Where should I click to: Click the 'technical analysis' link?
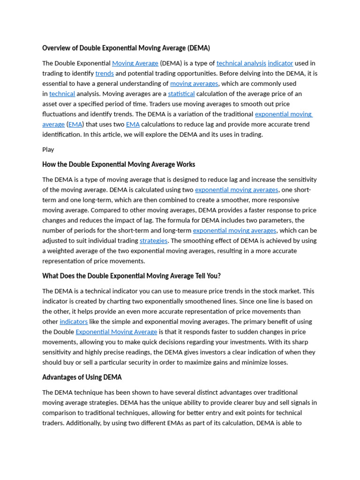(x=241, y=63)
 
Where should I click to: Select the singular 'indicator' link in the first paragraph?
(x=280, y=63)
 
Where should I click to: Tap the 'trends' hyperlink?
(x=105, y=74)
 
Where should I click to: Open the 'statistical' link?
(x=181, y=94)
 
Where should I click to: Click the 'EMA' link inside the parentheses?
(x=75, y=124)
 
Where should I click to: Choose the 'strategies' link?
(x=153, y=241)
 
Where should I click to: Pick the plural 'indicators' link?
(x=74, y=322)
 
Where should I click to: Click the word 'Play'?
(x=48, y=150)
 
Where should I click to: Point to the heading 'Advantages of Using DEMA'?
(x=82, y=377)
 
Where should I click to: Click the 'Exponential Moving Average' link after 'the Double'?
(x=116, y=332)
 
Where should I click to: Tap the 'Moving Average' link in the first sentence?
(x=135, y=63)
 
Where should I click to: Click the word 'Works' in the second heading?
(x=186, y=165)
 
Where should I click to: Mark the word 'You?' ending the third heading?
(x=212, y=276)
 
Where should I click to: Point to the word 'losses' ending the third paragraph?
(x=277, y=362)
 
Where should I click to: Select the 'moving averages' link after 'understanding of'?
(x=194, y=84)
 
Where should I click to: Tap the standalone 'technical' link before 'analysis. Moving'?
(x=62, y=94)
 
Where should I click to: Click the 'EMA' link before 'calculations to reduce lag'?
(x=133, y=124)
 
